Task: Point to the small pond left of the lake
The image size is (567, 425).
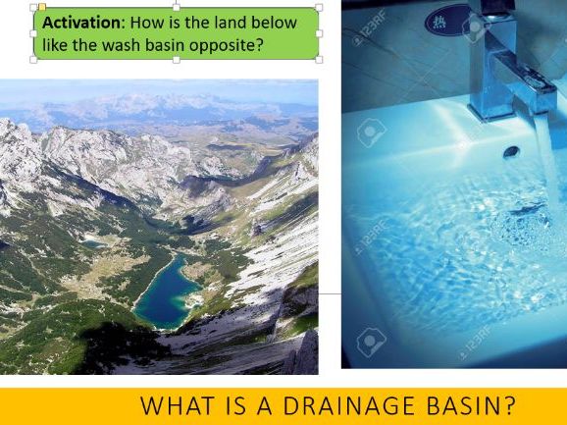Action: [92, 239]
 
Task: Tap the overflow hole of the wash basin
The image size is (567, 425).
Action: [511, 151]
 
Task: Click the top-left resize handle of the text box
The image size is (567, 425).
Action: [33, 7]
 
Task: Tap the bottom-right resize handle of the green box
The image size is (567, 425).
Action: [319, 59]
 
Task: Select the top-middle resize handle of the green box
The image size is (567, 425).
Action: [177, 7]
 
